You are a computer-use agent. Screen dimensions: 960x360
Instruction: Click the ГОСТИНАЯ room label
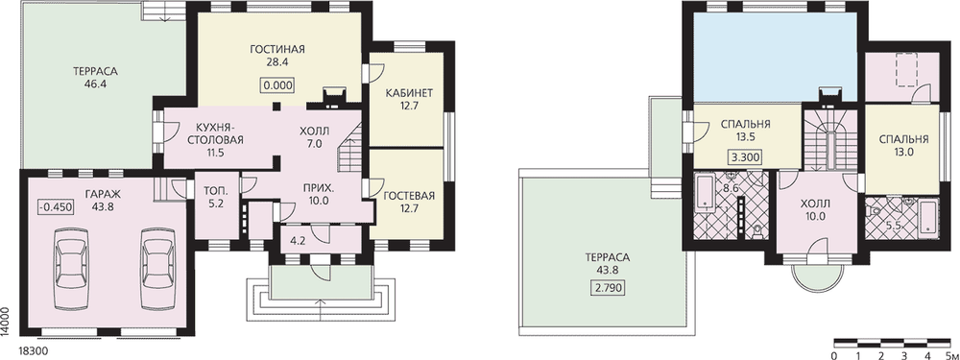coord(277,49)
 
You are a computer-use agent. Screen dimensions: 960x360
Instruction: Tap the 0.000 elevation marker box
coord(277,85)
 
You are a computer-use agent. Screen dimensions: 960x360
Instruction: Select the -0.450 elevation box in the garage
coord(56,207)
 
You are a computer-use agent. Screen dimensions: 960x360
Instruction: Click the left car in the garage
coord(72,270)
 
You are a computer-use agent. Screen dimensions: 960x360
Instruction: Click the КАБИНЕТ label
coord(409,94)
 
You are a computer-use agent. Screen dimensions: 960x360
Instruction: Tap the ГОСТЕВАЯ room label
coord(409,196)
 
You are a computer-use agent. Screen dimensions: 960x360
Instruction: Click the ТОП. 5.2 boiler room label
coord(215,196)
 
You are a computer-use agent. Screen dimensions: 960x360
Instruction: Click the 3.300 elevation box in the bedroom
coord(745,157)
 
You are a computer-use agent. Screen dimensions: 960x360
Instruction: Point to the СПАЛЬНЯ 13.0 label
coord(903,145)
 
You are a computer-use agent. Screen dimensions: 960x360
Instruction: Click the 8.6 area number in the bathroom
coord(731,189)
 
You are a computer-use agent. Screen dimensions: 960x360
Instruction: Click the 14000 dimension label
coord(5,321)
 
